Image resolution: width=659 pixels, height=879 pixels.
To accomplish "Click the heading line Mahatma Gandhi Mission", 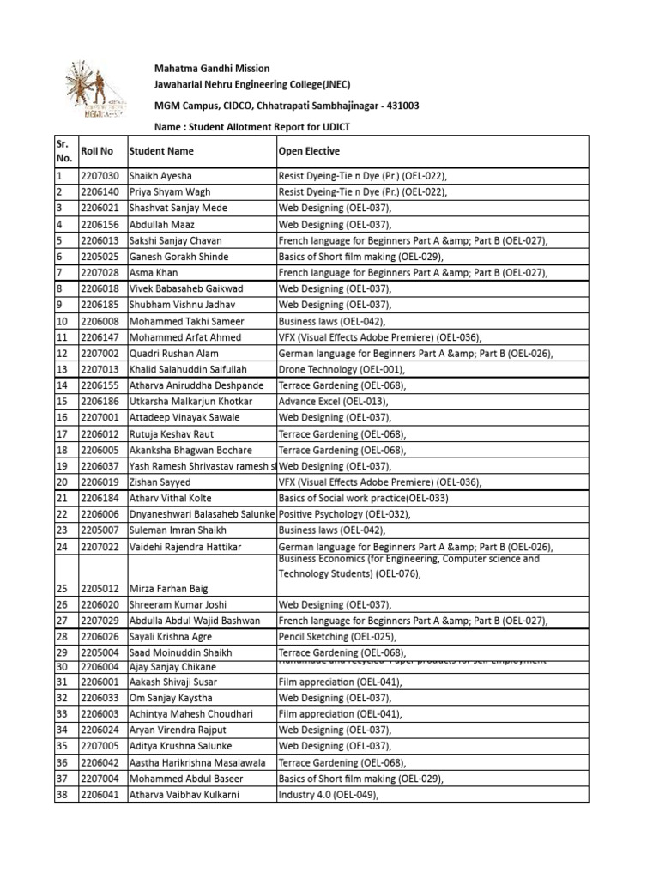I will click(211, 69).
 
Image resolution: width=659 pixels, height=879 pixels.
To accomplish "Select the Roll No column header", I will click(96, 151).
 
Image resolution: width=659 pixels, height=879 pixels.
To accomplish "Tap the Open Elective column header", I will click(309, 151).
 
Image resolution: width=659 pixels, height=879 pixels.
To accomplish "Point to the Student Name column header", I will click(161, 151).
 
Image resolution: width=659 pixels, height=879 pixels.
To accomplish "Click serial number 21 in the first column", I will click(62, 499).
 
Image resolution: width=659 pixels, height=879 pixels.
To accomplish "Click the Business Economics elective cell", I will click(408, 567).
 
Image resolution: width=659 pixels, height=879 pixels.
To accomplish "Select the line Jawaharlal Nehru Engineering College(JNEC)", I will click(251, 84).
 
